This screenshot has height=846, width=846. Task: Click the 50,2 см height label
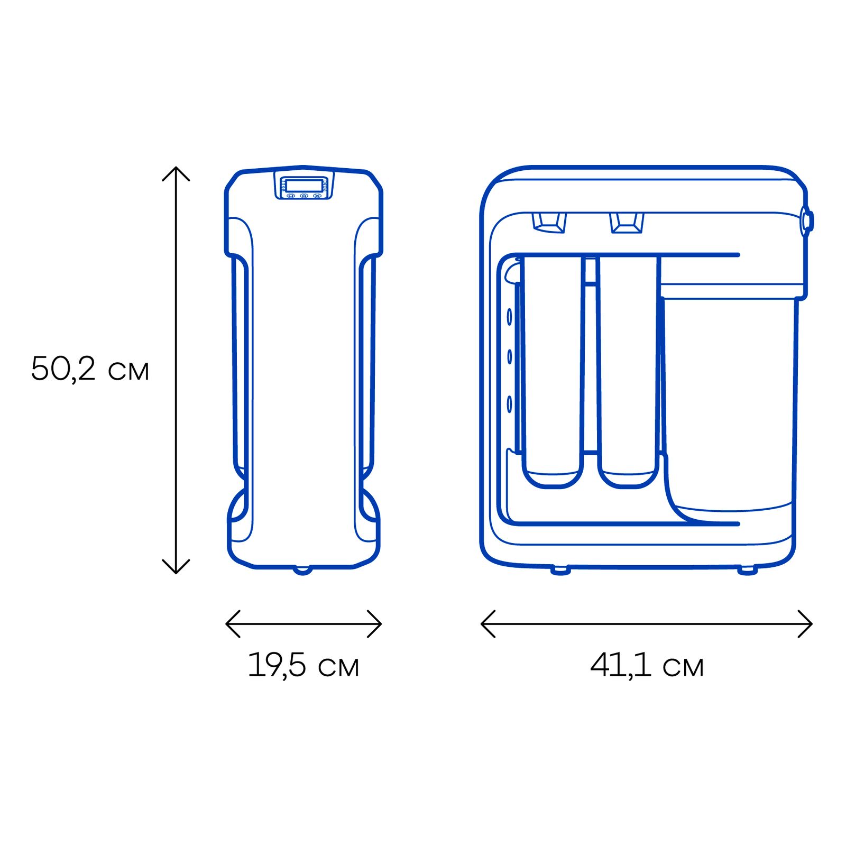coord(90,369)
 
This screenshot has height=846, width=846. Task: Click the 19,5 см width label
coord(304,665)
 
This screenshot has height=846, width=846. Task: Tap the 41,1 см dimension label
coord(647,665)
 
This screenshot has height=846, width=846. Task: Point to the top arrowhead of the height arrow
coord(176,168)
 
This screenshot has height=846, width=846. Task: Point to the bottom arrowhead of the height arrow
coord(176,573)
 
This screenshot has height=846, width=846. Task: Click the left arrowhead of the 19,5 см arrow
coord(227,624)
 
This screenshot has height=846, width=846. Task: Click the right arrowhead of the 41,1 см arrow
coord(811,624)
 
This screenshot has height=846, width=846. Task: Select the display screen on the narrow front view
coord(304,186)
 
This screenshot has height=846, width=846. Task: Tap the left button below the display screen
coord(290,196)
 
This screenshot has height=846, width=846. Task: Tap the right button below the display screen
coord(317,196)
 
